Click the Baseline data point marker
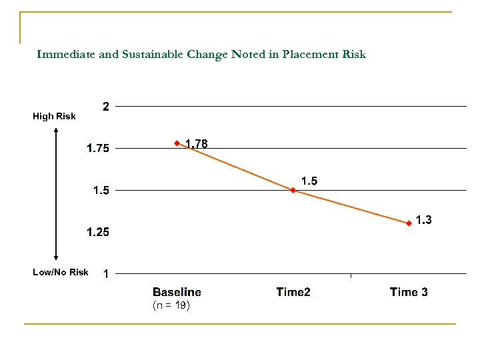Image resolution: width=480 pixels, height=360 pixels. (177, 143)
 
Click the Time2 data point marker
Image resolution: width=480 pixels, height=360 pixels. (293, 190)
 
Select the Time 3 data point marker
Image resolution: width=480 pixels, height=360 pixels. (409, 224)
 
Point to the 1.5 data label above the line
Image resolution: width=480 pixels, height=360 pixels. (309, 181)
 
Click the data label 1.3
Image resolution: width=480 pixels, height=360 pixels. (423, 219)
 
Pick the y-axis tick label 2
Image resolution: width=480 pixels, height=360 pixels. (105, 106)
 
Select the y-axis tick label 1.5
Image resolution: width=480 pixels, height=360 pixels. (102, 191)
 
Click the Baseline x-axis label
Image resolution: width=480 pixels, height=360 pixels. (177, 292)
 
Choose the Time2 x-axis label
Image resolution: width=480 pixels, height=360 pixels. (293, 292)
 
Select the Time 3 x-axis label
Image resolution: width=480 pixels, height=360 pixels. (409, 292)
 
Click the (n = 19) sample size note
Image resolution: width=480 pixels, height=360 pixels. (171, 305)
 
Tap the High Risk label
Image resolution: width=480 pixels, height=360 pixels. (54, 117)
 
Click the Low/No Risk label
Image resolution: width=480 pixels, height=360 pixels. (60, 272)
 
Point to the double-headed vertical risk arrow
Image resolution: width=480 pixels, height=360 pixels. (56, 193)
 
